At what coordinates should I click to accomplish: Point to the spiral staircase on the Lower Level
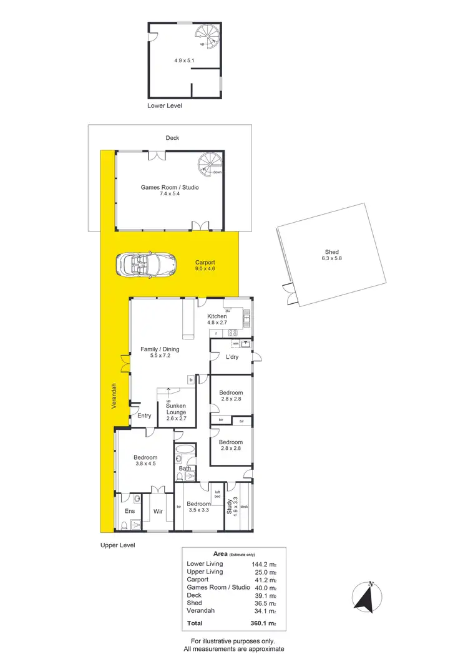click(x=207, y=36)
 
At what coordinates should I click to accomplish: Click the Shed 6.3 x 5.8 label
click(x=331, y=256)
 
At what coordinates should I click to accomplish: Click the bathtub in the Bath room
click(x=185, y=449)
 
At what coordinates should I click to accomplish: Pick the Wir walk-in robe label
click(x=158, y=511)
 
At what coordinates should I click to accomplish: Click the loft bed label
click(x=218, y=494)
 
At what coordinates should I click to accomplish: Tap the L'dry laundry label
click(x=232, y=358)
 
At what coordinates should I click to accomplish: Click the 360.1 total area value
click(x=261, y=623)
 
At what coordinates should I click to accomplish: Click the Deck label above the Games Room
click(x=172, y=138)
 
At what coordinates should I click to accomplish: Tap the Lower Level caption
click(x=165, y=106)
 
